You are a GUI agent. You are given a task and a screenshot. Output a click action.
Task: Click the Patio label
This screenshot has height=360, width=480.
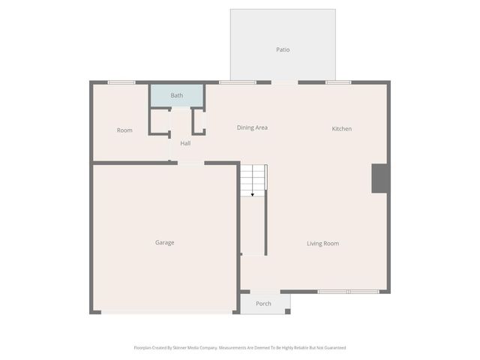coord(282,50)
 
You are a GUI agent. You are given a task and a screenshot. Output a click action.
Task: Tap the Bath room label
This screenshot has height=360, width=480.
coord(177,95)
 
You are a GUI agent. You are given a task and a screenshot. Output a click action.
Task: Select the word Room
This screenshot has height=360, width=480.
coord(124,130)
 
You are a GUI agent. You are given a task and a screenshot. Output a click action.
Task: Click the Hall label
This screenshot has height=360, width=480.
coord(185,143)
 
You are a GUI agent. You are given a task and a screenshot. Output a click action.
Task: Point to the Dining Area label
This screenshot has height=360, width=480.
coord(252,127)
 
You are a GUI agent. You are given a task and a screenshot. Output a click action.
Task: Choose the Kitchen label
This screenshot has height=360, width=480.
coord(342,129)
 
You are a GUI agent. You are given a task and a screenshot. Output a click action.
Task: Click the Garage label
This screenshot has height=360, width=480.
coord(165,242)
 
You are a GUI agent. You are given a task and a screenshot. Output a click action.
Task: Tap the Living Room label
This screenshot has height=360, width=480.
coord(323,243)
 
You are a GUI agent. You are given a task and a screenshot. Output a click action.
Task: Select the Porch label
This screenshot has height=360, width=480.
coord(263,304)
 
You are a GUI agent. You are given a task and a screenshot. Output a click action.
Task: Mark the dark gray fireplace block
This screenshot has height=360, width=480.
coord(380,178)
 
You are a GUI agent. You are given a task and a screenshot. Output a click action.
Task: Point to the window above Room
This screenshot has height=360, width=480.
coord(121,82)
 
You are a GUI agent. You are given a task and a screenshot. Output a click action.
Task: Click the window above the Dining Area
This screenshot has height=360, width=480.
coord(237,82)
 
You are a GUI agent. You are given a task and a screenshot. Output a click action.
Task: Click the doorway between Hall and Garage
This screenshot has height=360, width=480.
coord(190,162)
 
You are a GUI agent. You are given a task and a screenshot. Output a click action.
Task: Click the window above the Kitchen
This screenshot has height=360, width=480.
coord(338,82)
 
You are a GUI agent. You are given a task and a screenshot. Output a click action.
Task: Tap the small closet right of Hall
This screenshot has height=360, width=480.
coord(199,121)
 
